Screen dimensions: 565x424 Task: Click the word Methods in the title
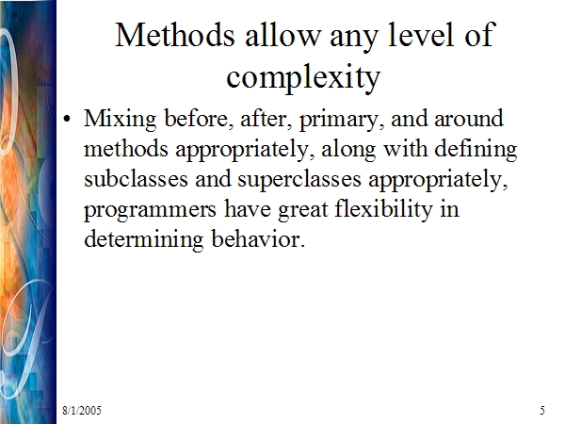[x=175, y=35]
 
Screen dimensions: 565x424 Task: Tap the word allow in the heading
[x=282, y=35]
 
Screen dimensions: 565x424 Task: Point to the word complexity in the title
[x=303, y=77]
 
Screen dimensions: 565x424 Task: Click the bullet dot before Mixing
[x=67, y=119]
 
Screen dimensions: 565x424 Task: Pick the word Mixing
[x=120, y=119]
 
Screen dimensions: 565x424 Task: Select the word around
[x=469, y=119]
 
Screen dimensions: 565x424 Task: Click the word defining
[x=476, y=149]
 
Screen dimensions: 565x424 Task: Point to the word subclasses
[x=136, y=179]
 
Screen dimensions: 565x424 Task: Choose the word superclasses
[x=299, y=180]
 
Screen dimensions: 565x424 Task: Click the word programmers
[x=150, y=210]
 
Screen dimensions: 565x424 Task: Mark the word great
[x=303, y=210]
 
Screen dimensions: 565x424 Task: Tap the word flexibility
[x=384, y=209]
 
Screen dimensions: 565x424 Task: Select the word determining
[x=144, y=239]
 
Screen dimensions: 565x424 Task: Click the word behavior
[x=258, y=238]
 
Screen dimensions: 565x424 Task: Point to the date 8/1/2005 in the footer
[x=82, y=411]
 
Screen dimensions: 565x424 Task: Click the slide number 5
[x=542, y=411]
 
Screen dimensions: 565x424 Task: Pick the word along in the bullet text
[x=348, y=149]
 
